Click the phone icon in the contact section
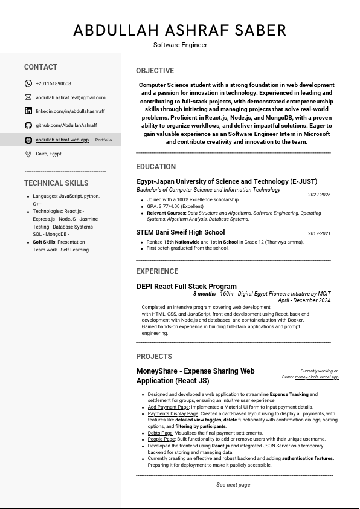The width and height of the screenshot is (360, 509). (28, 83)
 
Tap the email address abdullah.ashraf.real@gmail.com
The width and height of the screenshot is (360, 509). (70, 97)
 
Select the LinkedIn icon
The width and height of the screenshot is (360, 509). (28, 111)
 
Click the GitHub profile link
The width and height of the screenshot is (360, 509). (66, 125)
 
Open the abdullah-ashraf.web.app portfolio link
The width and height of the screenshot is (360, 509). (62, 140)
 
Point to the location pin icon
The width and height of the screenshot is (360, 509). (28, 154)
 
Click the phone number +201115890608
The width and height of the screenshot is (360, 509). (53, 83)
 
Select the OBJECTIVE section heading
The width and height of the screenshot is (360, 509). (155, 71)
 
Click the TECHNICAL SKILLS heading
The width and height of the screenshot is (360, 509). (56, 183)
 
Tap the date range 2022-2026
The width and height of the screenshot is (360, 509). (319, 195)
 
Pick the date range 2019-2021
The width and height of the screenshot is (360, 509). (319, 233)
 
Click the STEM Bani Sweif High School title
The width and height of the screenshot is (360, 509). (181, 233)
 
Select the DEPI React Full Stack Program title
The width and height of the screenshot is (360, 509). (187, 287)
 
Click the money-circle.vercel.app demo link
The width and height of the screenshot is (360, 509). (317, 377)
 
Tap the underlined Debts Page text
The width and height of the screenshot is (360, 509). (161, 433)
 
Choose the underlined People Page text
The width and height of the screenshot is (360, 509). (161, 439)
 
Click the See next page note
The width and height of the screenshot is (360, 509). (233, 485)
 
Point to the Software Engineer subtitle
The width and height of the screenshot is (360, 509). (180, 45)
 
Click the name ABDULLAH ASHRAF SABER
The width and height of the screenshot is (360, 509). (180, 30)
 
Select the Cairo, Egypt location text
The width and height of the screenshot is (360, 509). (48, 154)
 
